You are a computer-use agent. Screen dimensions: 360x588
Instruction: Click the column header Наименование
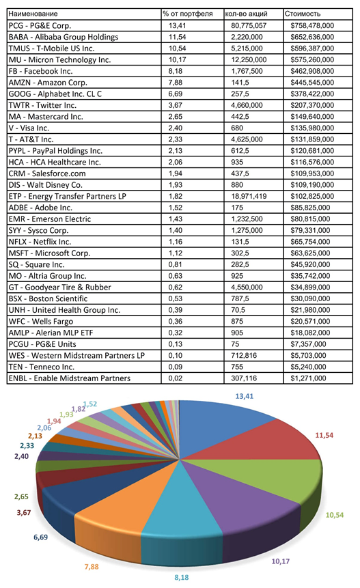(x=33, y=14)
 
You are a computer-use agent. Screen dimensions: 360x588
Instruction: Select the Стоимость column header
(x=302, y=14)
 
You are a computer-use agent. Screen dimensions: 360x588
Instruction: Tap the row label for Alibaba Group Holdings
(x=64, y=37)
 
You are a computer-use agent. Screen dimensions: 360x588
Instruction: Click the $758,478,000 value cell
(x=312, y=25)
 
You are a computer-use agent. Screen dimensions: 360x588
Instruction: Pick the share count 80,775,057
(x=249, y=25)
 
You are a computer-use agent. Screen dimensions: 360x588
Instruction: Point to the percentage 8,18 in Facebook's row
(x=175, y=71)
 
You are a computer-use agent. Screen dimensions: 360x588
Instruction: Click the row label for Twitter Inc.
(x=42, y=105)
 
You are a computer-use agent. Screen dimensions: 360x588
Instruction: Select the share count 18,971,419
(x=249, y=196)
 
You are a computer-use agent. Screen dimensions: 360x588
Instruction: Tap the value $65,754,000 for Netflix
(x=310, y=242)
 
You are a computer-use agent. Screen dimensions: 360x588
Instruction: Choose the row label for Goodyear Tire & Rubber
(x=60, y=288)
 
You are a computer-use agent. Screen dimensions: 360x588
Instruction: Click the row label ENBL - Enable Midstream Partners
(x=70, y=378)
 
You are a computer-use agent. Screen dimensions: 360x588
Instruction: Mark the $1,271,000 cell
(x=308, y=378)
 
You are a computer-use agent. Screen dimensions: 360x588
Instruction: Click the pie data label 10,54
(x=335, y=515)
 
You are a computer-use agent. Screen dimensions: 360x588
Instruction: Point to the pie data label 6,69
(x=40, y=537)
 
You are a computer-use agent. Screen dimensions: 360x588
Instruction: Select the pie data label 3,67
(x=24, y=512)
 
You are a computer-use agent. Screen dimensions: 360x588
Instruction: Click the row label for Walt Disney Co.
(x=45, y=184)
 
